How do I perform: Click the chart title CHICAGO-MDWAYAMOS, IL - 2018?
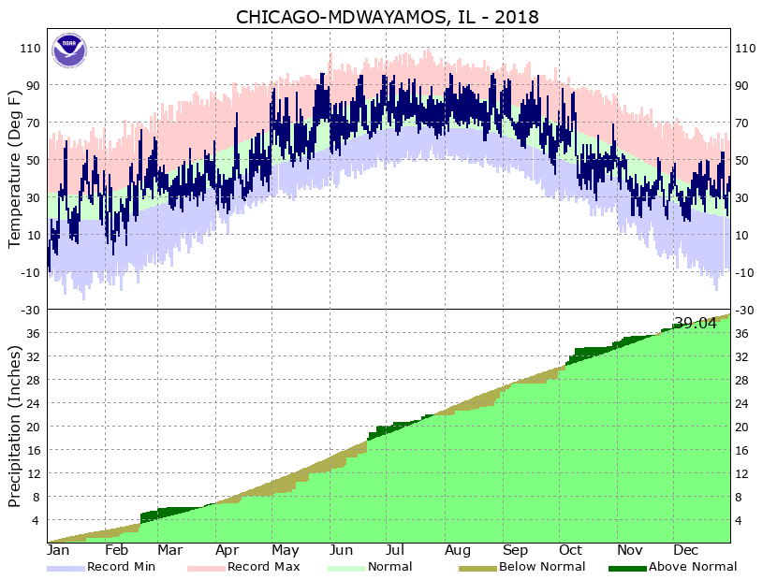[x=388, y=18]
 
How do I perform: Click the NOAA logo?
[x=68, y=50]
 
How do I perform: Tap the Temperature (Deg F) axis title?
[x=15, y=168]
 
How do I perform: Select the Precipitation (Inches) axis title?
[x=15, y=427]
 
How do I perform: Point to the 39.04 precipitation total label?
[x=696, y=324]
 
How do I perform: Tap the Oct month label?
[x=570, y=550]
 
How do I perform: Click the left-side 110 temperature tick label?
[x=29, y=48]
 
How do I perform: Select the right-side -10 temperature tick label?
[x=747, y=272]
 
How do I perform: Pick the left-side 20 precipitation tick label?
[x=33, y=427]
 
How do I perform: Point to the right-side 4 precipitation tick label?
[x=740, y=520]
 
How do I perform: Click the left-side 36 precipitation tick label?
[x=33, y=333]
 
